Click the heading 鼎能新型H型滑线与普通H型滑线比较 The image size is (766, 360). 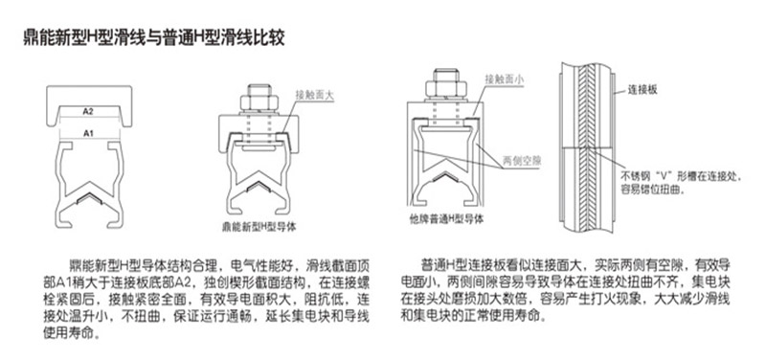click(x=154, y=38)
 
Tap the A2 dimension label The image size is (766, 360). click(x=88, y=112)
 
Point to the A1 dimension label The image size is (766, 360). click(x=88, y=133)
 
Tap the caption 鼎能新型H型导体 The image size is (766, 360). click(x=259, y=226)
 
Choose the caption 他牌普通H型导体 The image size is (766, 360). click(x=446, y=219)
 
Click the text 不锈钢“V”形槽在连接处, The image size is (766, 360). click(x=681, y=175)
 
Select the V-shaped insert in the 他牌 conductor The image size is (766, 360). click(x=443, y=178)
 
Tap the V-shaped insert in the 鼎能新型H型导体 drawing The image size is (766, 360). click(x=259, y=188)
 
